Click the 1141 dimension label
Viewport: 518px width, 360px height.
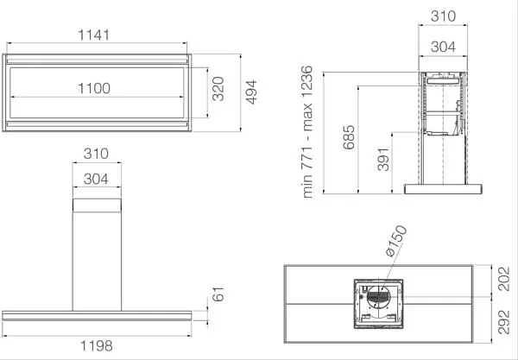pos(93,35)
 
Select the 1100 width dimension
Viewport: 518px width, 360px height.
pos(94,88)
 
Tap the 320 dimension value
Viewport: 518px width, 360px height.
pos(218,89)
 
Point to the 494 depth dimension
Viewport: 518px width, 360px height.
pos(251,92)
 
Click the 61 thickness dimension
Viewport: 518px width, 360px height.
pos(218,294)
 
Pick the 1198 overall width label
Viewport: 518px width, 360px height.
pos(97,346)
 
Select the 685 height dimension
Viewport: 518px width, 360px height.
pos(349,137)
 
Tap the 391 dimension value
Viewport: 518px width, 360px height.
pos(383,160)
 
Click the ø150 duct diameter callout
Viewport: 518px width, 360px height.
pos(395,241)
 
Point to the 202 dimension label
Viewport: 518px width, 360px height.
pos(504,279)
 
